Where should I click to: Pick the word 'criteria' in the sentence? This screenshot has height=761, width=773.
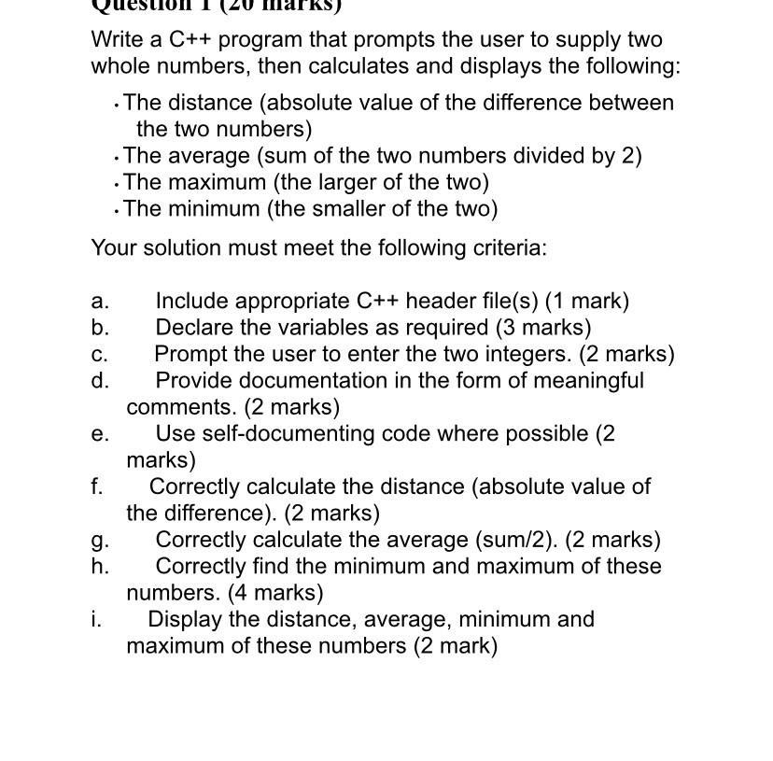click(509, 248)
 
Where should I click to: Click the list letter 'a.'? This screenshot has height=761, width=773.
click(100, 302)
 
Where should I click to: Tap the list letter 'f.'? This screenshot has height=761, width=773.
click(97, 486)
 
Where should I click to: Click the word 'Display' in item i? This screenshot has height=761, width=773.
click(185, 619)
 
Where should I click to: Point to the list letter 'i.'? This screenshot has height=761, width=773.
click(96, 619)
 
